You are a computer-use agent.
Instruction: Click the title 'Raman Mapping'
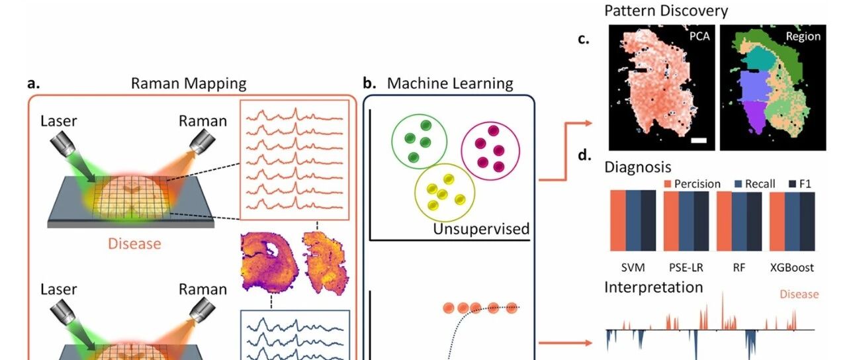(189, 83)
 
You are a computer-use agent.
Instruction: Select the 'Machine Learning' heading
(450, 83)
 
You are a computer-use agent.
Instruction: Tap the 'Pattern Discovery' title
(666, 11)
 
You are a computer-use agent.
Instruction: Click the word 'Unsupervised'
(481, 229)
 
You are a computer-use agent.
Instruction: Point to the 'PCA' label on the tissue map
(699, 36)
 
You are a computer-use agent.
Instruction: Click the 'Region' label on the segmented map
(802, 37)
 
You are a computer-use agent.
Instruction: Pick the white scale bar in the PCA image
(699, 140)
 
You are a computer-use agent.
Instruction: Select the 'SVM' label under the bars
(632, 267)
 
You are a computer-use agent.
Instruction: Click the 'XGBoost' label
(792, 267)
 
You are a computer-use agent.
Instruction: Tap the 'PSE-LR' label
(686, 267)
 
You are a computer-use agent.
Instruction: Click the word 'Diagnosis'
(637, 167)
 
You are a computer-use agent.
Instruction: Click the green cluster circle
(419, 140)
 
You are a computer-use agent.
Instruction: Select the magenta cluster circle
(490, 148)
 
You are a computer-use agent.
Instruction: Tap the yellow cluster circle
(444, 192)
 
